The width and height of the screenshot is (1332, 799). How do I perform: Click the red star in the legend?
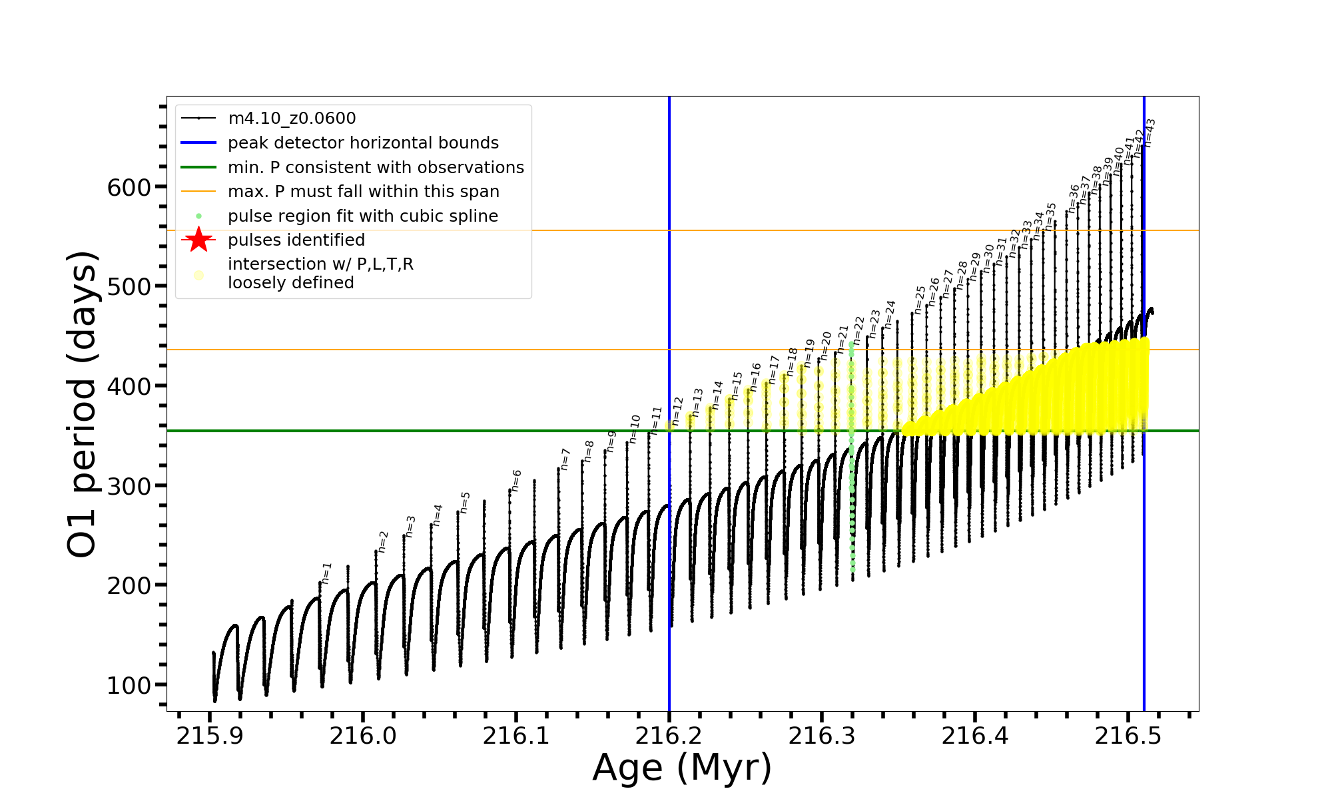(x=198, y=240)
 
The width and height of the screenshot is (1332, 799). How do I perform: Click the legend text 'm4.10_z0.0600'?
(x=292, y=119)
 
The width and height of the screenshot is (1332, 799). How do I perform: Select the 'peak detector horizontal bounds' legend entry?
(x=363, y=143)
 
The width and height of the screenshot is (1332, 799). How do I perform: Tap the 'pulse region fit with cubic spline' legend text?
(x=363, y=216)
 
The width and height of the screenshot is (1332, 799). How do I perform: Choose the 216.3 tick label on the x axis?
(x=822, y=736)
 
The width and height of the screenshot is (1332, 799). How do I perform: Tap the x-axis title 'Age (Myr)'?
(x=682, y=768)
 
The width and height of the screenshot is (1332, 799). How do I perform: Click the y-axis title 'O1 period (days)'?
(x=83, y=404)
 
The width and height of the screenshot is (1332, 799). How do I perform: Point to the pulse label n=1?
(x=326, y=573)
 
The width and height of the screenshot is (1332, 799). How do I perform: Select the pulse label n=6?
(x=516, y=481)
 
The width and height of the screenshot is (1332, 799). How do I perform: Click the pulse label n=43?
(x=1150, y=133)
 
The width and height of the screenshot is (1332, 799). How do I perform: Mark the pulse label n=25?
(x=920, y=300)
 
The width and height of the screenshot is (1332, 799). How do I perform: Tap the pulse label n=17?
(x=774, y=370)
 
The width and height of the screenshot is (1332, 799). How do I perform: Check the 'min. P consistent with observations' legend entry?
(x=376, y=168)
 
